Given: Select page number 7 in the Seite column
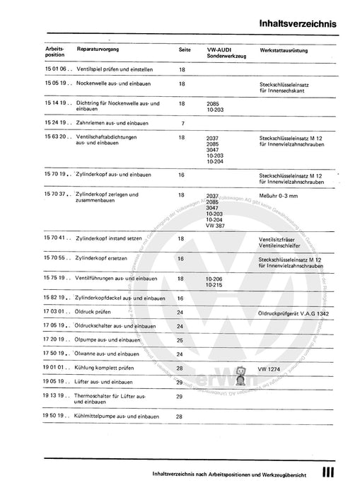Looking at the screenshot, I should pos(182,123).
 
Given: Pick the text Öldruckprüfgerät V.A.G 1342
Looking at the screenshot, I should pos(295,313).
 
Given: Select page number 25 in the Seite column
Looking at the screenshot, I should pos(180,340).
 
